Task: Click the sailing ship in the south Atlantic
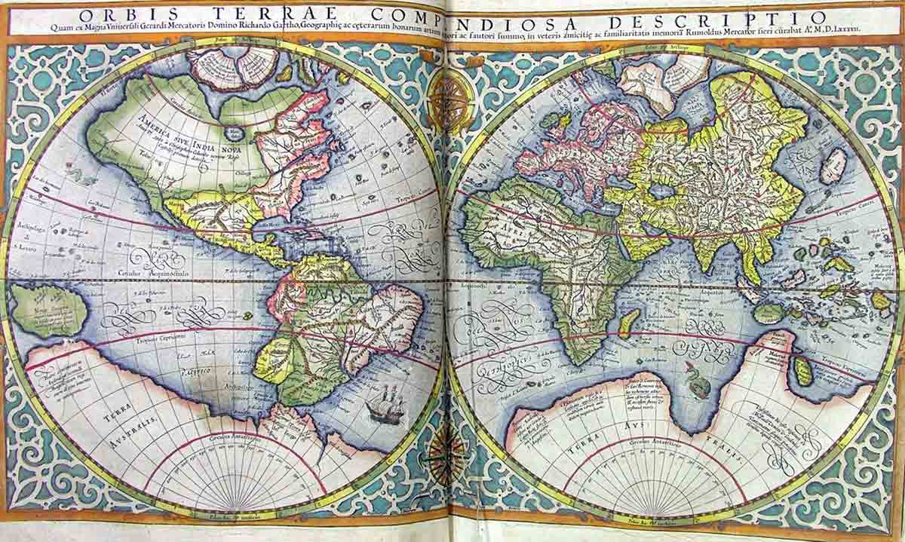[x=385, y=405]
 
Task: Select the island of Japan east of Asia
[x=833, y=166]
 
